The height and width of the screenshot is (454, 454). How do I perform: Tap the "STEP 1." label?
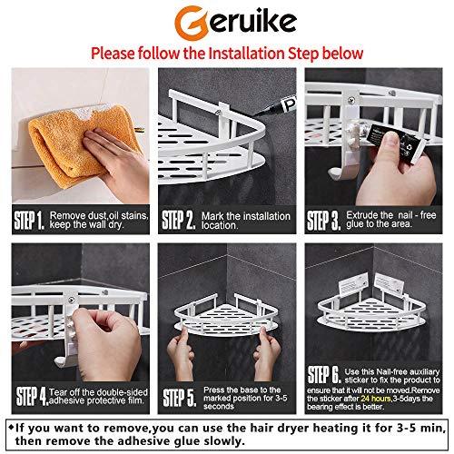pyautogui.click(x=29, y=221)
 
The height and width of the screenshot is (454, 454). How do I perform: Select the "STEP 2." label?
pyautogui.click(x=179, y=221)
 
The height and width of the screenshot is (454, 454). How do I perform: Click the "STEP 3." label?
pyautogui.click(x=323, y=221)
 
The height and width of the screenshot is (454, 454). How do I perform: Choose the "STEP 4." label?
pyautogui.click(x=32, y=396)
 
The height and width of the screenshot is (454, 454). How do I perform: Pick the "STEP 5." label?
pyautogui.click(x=180, y=398)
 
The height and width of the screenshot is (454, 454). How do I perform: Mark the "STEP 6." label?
pyautogui.click(x=324, y=374)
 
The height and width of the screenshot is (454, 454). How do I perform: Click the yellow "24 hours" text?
pyautogui.click(x=375, y=399)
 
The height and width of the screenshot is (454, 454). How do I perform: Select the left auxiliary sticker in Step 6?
pyautogui.click(x=353, y=284)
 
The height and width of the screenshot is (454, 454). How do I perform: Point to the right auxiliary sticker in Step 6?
pyautogui.click(x=389, y=284)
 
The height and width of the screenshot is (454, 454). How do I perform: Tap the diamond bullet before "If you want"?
pyautogui.click(x=11, y=428)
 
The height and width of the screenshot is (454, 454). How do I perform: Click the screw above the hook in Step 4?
pyautogui.click(x=71, y=300)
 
